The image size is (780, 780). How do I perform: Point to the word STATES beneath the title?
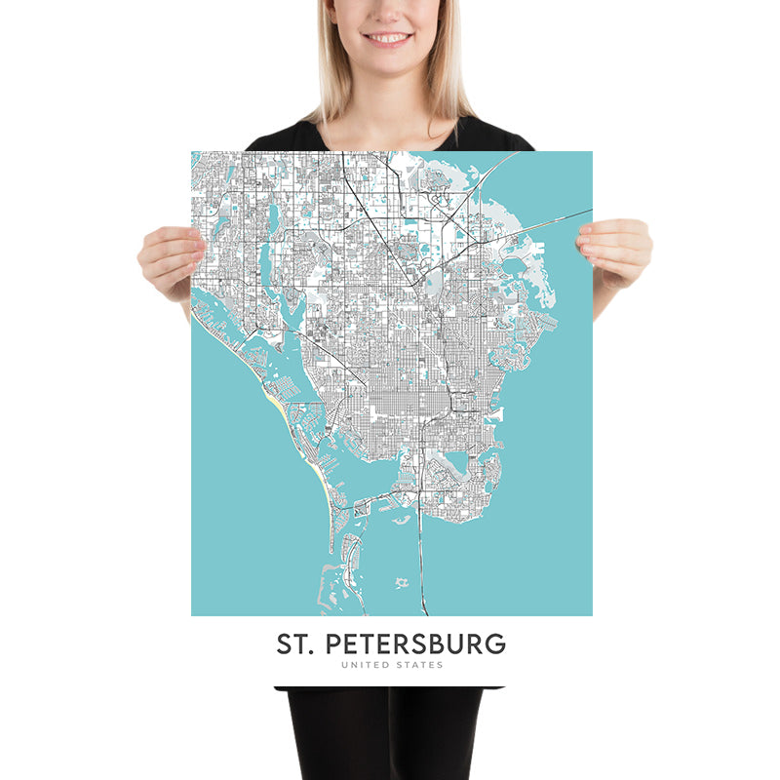click(x=419, y=665)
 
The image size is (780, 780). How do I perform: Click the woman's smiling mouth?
click(x=388, y=39)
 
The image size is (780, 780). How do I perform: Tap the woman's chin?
click(x=388, y=66)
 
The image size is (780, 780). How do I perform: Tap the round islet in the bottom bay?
click(x=401, y=583)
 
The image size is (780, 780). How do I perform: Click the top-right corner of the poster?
click(x=592, y=152)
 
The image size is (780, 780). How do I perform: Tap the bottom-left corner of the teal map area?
click(x=192, y=614)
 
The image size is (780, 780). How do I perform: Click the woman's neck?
click(x=388, y=102)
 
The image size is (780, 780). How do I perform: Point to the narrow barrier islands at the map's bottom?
click(x=346, y=575)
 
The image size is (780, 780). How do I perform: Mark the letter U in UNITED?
click(x=344, y=665)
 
